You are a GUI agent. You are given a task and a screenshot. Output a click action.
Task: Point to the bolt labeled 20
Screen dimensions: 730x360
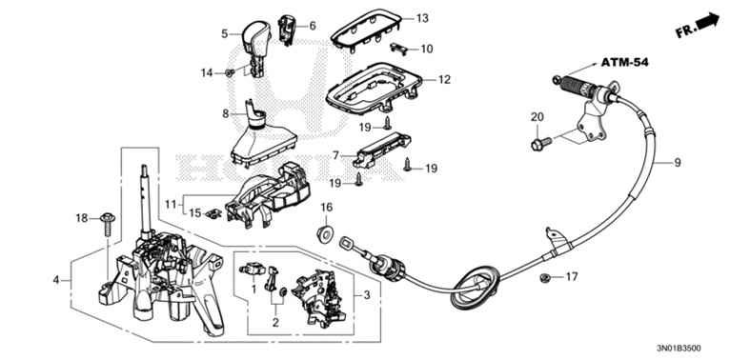click(541, 142)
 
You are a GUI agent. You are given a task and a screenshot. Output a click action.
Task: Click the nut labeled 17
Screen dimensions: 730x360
click(543, 278)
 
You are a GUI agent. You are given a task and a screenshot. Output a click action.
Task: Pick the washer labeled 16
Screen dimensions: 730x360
click(325, 233)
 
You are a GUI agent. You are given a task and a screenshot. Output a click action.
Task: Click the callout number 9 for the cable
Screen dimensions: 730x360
click(677, 162)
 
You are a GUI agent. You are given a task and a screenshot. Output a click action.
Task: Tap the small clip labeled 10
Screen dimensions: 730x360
click(399, 48)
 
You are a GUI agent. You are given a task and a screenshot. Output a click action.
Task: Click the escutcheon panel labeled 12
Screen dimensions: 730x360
click(375, 88)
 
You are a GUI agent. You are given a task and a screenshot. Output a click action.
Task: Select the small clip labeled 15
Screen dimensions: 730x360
click(213, 213)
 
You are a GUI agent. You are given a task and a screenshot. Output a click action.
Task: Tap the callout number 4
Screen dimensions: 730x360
click(56, 280)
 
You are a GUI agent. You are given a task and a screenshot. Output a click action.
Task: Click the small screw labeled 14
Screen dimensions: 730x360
click(229, 72)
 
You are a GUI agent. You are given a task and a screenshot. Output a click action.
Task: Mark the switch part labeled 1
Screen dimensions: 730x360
click(252, 270)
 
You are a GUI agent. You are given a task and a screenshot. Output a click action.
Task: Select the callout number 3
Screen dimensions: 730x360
click(367, 294)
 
